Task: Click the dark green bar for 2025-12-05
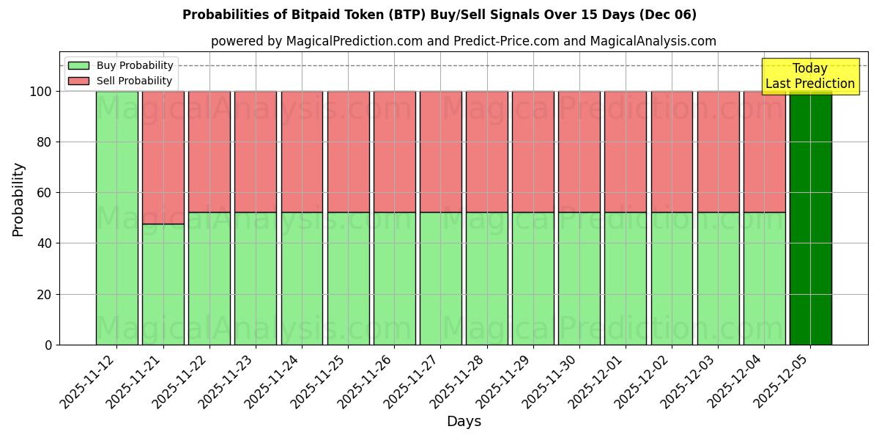(810, 218)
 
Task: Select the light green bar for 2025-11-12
(116, 218)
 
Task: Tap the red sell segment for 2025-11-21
(163, 157)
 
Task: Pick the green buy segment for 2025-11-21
(163, 284)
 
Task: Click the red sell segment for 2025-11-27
(440, 152)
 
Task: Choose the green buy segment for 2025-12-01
(626, 279)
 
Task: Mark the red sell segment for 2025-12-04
(764, 152)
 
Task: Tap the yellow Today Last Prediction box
(809, 76)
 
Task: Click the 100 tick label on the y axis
(40, 92)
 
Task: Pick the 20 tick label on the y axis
(44, 294)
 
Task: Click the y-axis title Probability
(18, 199)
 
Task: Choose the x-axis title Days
(464, 422)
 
